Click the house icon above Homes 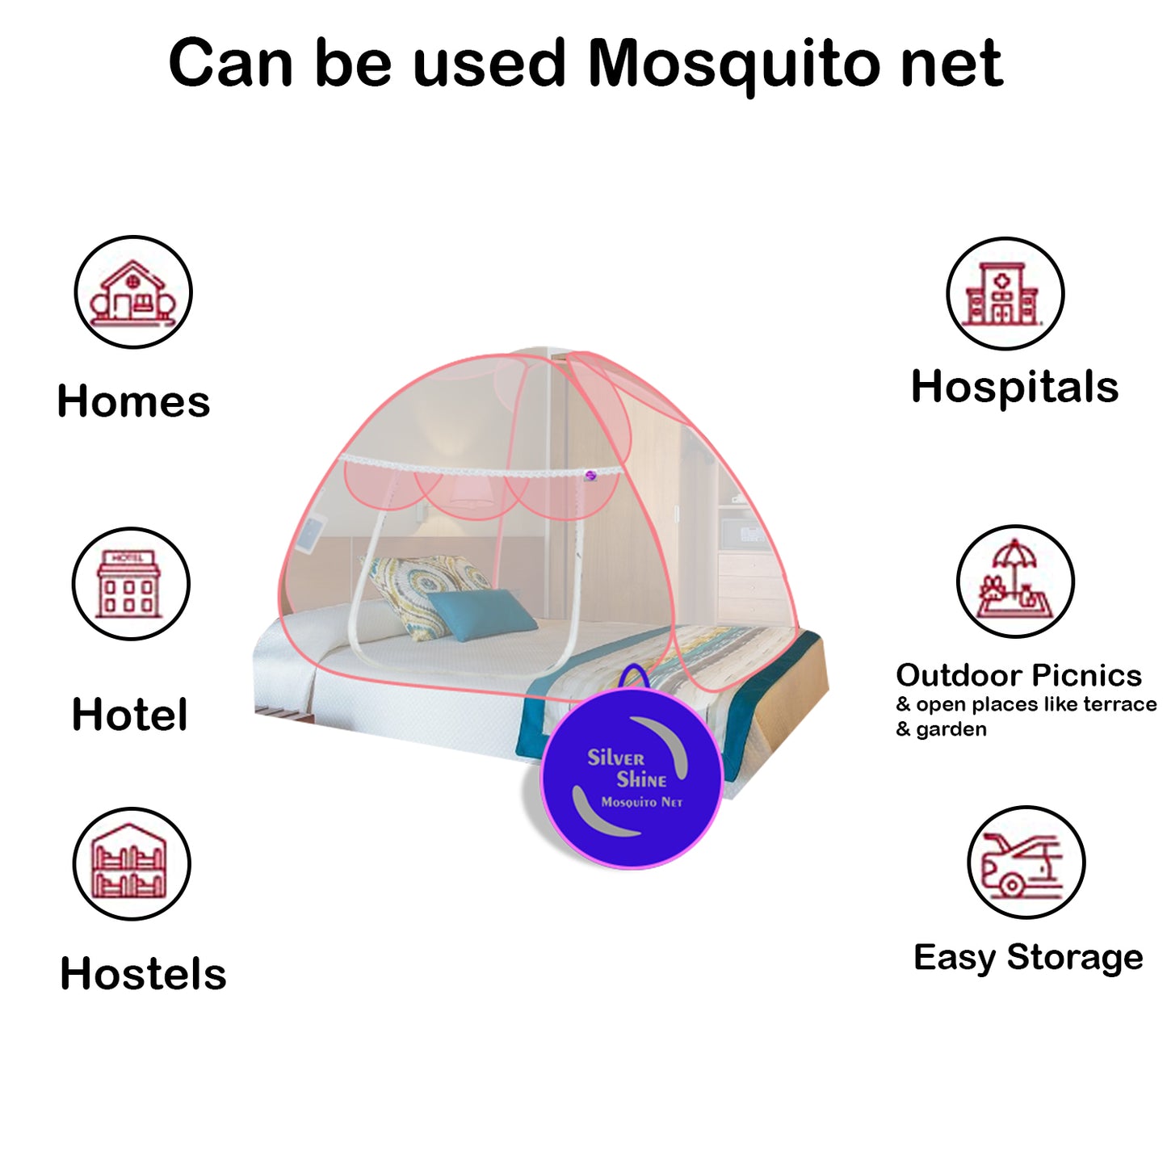[x=133, y=292]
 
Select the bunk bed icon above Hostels [x=132, y=863]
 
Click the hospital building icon [x=1005, y=294]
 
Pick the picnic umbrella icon [x=1015, y=581]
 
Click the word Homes [x=133, y=401]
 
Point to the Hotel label [x=129, y=715]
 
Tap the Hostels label [x=143, y=974]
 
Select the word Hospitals [x=1014, y=387]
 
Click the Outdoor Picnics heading [x=1018, y=675]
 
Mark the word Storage [x=1075, y=957]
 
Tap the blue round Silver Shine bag [x=631, y=779]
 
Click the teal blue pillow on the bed [x=481, y=612]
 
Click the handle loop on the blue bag [x=635, y=676]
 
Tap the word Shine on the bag [x=642, y=780]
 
